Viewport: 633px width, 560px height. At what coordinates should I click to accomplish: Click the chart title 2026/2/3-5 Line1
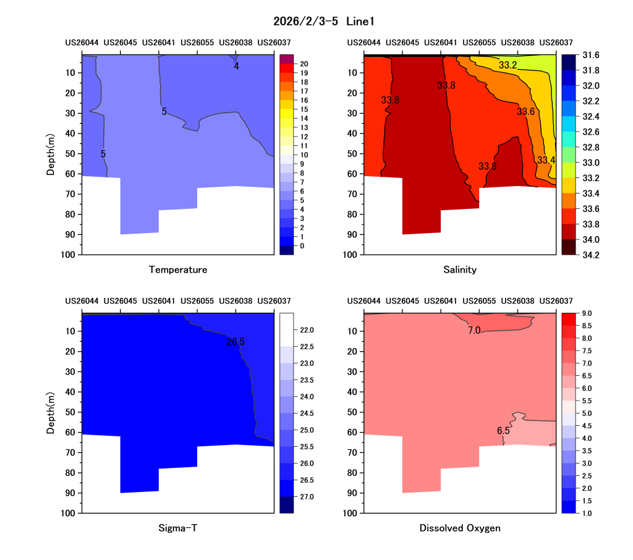[x=324, y=21]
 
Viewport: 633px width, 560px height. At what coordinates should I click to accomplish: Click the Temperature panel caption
[x=178, y=269]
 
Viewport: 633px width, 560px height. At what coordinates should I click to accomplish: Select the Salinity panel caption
[x=460, y=269]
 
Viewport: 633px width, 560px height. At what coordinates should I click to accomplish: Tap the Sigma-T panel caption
[x=178, y=528]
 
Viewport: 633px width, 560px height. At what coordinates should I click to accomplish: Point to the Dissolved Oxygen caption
[x=460, y=528]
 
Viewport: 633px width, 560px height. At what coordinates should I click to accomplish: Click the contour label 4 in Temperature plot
[x=236, y=66]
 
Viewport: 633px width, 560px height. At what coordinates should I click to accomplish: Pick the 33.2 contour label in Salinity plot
[x=508, y=65]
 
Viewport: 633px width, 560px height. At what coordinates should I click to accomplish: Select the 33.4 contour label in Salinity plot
[x=546, y=160]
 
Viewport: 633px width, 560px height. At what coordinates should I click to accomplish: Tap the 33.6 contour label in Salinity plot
[x=525, y=111]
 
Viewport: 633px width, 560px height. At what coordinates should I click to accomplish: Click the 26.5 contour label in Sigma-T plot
[x=236, y=342]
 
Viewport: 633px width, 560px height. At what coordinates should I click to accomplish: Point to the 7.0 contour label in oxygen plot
[x=474, y=330]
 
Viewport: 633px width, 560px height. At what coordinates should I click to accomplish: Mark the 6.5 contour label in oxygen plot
[x=503, y=431]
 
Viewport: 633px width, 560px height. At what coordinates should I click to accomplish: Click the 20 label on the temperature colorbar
[x=304, y=64]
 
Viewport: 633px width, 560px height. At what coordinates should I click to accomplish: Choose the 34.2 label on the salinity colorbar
[x=590, y=255]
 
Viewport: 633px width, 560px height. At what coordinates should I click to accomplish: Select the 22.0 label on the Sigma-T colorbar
[x=307, y=330]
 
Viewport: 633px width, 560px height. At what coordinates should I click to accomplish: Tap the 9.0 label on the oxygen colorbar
[x=587, y=314]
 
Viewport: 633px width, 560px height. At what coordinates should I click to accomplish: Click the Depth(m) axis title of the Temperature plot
[x=51, y=155]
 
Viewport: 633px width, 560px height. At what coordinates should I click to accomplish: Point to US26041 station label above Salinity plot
[x=440, y=43]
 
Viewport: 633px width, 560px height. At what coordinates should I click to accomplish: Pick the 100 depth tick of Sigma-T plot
[x=68, y=513]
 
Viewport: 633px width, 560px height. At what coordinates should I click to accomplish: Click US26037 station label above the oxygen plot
[x=556, y=301]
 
